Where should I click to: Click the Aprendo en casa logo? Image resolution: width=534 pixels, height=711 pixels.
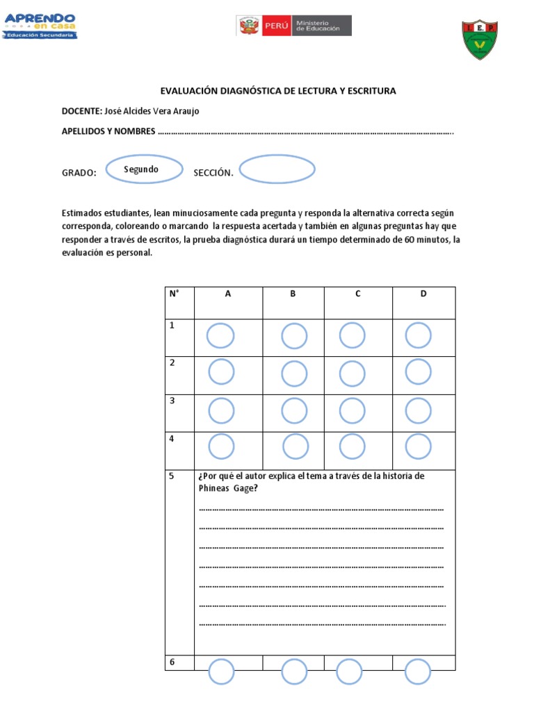(40, 26)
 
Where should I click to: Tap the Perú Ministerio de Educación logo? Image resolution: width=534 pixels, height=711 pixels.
(293, 26)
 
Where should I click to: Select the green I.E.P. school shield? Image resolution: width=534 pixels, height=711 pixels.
(480, 39)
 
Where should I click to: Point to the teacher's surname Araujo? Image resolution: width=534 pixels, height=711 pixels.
(192, 111)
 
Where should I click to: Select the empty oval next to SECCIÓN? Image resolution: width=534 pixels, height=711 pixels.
(277, 169)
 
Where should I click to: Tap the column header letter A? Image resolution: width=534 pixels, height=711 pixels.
(227, 294)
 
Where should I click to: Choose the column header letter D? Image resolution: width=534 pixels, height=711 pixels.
(423, 294)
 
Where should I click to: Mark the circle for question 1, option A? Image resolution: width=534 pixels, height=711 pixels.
(221, 337)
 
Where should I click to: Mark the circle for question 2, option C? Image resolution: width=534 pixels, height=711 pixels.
(353, 372)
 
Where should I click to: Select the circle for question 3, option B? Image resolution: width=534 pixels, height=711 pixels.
(294, 410)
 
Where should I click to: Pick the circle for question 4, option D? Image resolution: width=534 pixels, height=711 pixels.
(418, 446)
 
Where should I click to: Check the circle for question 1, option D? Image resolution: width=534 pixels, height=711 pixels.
(418, 337)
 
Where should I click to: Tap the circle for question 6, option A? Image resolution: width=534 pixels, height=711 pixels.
(221, 672)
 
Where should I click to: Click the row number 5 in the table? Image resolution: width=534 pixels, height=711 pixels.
(172, 477)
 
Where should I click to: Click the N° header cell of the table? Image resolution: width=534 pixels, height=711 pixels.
(174, 294)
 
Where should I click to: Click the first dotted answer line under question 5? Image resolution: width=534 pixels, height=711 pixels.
(321, 510)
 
